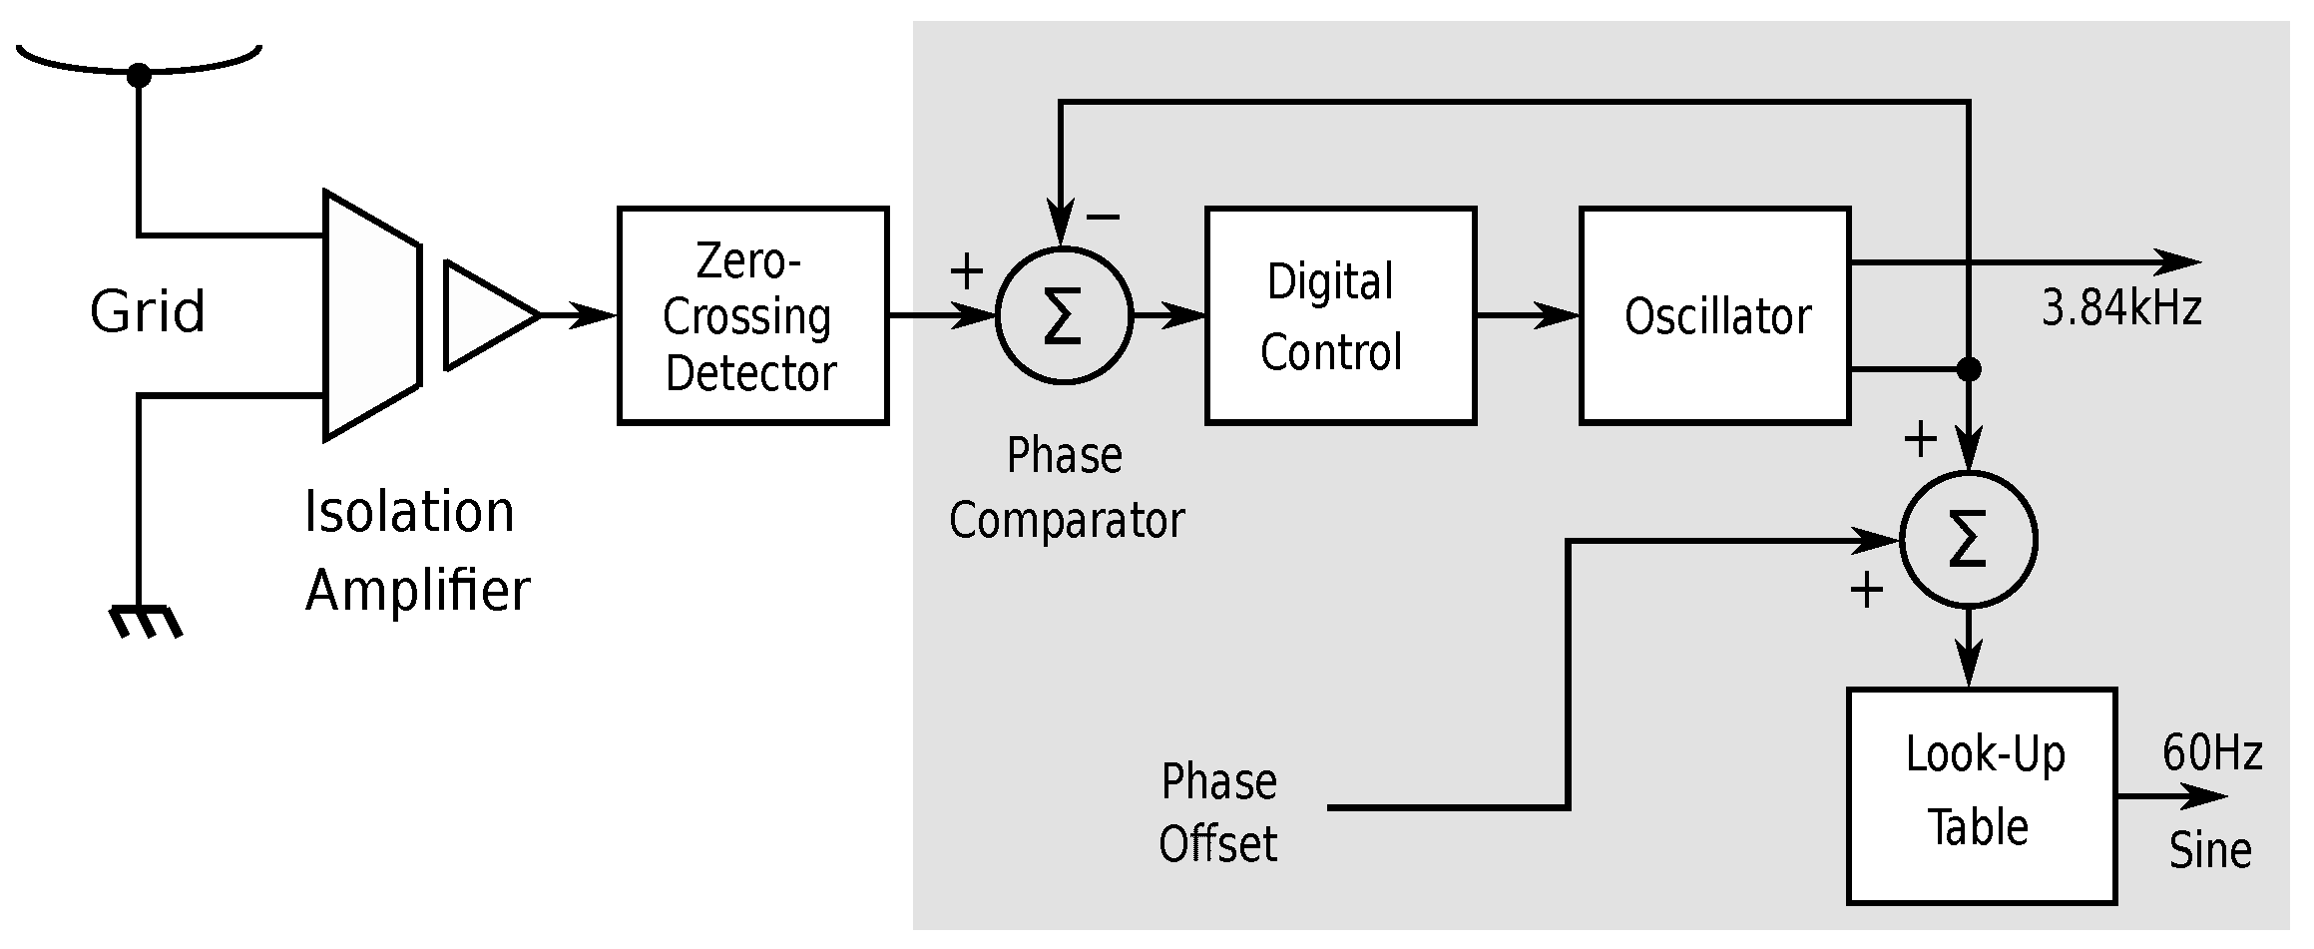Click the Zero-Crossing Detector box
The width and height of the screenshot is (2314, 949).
752,315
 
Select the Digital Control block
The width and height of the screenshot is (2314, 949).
1339,315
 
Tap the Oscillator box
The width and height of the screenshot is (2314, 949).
1713,315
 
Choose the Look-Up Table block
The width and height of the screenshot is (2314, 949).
1981,794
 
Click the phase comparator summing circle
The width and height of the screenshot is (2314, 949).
1063,315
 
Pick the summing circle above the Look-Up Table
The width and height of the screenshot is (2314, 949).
1967,540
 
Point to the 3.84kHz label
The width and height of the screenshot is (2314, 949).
2120,308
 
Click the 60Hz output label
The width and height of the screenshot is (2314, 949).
2211,752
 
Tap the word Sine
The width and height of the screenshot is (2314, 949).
2209,850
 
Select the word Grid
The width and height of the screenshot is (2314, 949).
148,311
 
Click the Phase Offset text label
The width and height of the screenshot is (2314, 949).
1217,812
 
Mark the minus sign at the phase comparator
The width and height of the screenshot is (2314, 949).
1103,216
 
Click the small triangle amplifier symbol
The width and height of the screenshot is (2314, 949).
486,315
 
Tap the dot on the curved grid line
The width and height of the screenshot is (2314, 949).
139,75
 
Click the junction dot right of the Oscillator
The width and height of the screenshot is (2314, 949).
1967,369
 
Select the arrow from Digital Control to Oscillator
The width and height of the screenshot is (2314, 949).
1527,315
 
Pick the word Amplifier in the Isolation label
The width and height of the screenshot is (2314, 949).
417,590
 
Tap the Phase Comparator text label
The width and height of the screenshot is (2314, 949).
1066,488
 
